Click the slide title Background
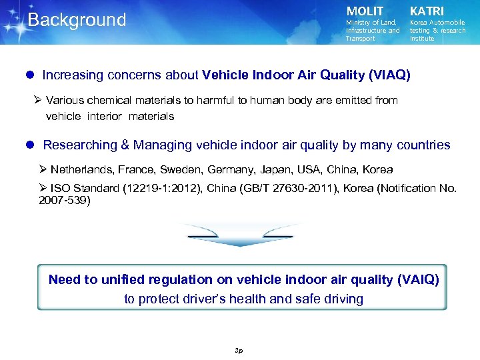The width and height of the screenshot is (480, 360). [77, 20]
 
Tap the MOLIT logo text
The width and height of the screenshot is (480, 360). [365, 11]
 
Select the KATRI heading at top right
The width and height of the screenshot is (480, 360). [427, 11]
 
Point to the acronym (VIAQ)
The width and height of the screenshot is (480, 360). [389, 75]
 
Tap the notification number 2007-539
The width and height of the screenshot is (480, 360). [64, 199]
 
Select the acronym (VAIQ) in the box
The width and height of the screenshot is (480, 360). [418, 280]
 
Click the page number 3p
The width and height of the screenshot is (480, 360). [239, 349]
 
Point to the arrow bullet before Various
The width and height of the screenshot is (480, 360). [38, 100]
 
